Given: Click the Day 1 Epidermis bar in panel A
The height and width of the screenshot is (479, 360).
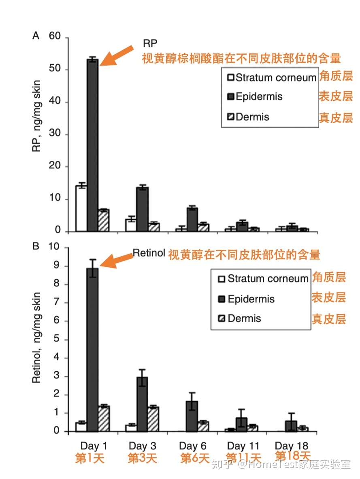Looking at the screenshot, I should pyautogui.click(x=93, y=146).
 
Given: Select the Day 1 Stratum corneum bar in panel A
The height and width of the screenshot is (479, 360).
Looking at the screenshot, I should pyautogui.click(x=81, y=209).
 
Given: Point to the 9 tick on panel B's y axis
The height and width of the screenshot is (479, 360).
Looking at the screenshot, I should pyautogui.click(x=57, y=266).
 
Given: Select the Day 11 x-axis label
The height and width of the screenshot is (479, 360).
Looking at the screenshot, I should pyautogui.click(x=243, y=446).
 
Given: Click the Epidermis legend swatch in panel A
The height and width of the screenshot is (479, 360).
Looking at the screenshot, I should pyautogui.click(x=231, y=97).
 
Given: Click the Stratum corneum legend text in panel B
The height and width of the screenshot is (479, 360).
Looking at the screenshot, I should pyautogui.click(x=268, y=279).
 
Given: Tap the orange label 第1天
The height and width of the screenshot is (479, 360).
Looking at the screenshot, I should pyautogui.click(x=90, y=459).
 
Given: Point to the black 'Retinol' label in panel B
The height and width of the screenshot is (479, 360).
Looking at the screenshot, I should pyautogui.click(x=149, y=253).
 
